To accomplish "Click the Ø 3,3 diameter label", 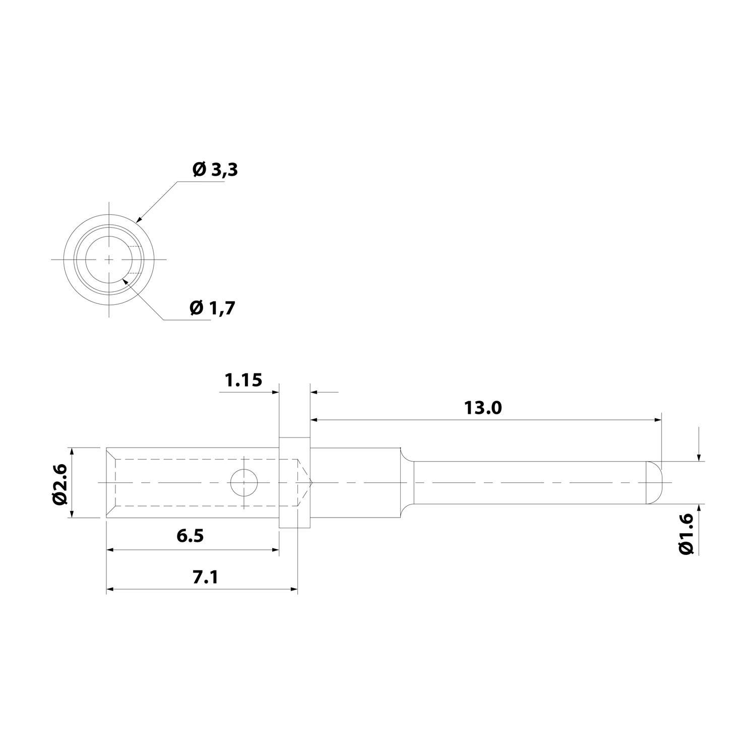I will click(215, 170).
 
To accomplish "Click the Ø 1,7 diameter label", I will click(212, 307).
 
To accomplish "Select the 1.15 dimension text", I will click(243, 380).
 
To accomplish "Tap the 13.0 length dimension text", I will click(483, 408).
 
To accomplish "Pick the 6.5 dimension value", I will click(190, 536).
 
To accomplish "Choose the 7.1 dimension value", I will click(205, 577).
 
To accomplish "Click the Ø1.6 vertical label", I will click(686, 535).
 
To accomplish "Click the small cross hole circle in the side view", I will click(244, 483).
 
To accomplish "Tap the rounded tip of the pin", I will click(654, 482).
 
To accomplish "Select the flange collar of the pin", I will click(294, 482).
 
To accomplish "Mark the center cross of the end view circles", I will click(109, 259).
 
